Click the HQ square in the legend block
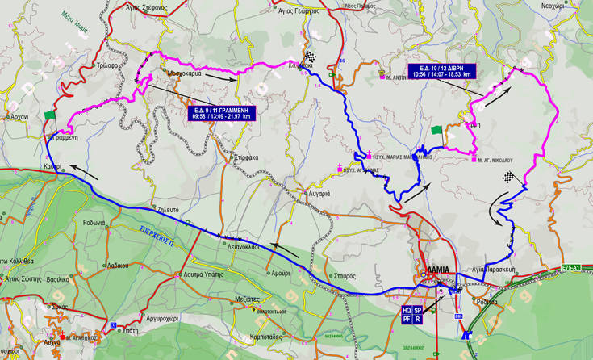point(407,310)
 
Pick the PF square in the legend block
point(407,320)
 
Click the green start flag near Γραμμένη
point(51,115)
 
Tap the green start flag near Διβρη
point(436,130)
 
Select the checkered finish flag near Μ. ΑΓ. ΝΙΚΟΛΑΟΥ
point(508,177)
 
